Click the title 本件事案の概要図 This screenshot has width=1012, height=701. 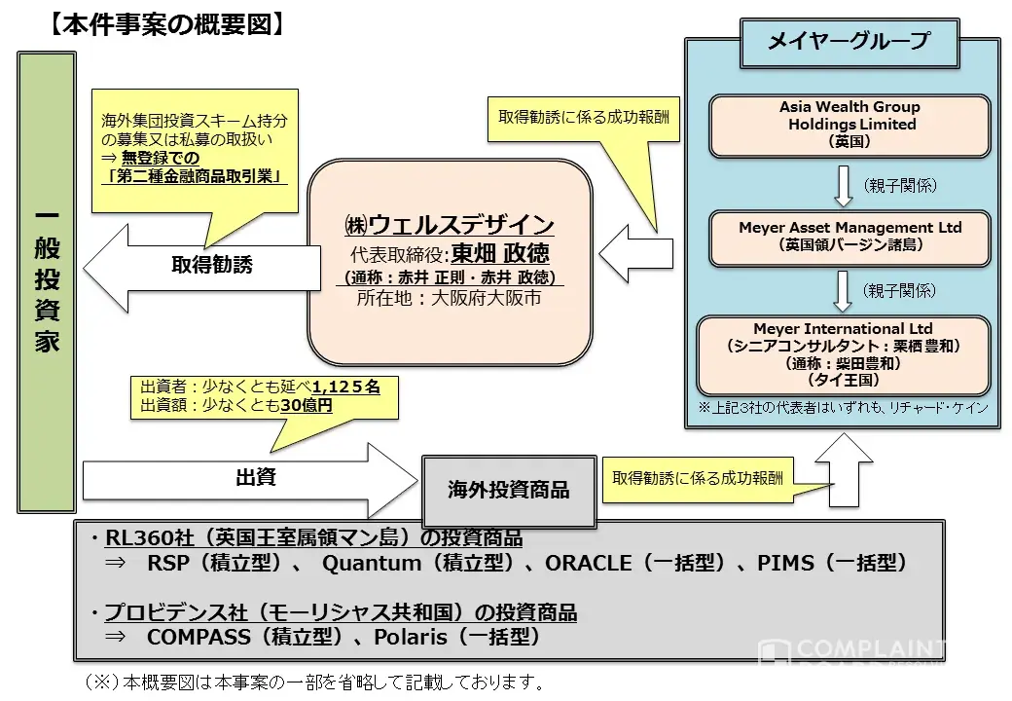coord(166,24)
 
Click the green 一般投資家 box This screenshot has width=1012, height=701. coord(47,282)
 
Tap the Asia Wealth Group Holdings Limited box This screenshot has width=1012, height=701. coord(849,125)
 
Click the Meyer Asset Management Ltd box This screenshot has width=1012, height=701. coord(849,237)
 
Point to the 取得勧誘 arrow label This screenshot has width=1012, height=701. coord(212,265)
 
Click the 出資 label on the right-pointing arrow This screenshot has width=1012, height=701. coord(255,477)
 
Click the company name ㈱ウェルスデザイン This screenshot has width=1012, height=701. coord(449,224)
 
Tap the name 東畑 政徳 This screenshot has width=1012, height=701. coord(500,253)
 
